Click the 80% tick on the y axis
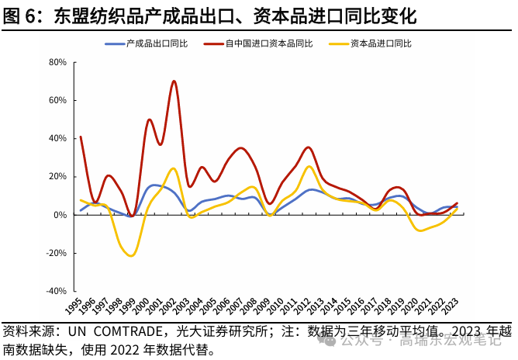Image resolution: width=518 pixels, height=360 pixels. [x=57, y=62]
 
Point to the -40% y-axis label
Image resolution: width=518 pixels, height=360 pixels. [x=55, y=291]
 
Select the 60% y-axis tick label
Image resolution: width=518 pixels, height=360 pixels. [x=57, y=100]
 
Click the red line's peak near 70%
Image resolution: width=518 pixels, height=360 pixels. [x=174, y=81]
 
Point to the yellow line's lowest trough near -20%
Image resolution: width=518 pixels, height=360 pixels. [x=131, y=255]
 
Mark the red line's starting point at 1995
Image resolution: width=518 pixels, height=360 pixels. [x=80, y=137]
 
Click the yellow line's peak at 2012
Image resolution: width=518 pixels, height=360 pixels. [x=309, y=166]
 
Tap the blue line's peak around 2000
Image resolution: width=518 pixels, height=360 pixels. [x=154, y=185]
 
